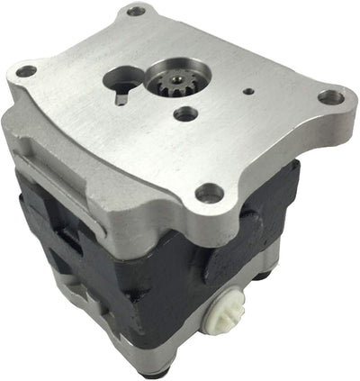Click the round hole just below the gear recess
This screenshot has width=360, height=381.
(x=185, y=114)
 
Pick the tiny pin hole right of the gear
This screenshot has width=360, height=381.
(x=247, y=90)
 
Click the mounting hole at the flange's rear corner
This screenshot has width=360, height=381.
(x=137, y=12)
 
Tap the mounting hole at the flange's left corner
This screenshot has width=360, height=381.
(x=26, y=71)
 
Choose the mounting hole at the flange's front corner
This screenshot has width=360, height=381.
(x=210, y=191)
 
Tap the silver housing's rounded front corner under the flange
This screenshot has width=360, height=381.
(x=193, y=221)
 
